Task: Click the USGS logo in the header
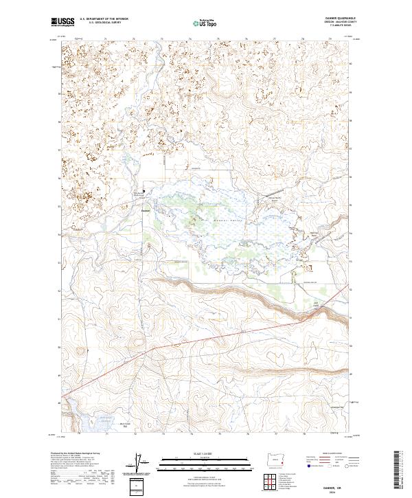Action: click(62, 23)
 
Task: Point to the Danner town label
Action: click(146, 210)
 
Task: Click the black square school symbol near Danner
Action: click(144, 191)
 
